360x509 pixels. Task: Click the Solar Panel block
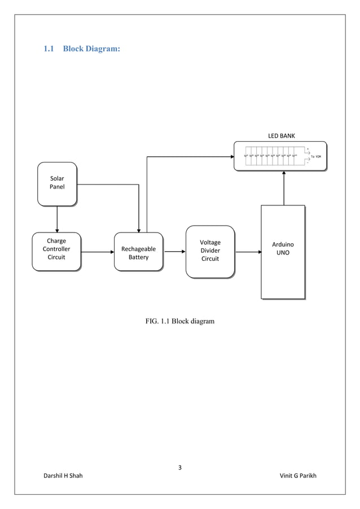click(57, 183)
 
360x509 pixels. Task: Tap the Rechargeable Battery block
click(138, 252)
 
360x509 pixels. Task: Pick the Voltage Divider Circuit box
click(210, 251)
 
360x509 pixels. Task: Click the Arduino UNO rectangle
click(283, 252)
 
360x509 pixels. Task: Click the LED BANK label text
click(281, 136)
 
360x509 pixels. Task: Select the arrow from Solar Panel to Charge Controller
click(57, 219)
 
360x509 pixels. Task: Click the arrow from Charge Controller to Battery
click(97, 252)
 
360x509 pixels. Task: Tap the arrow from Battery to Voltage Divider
click(174, 252)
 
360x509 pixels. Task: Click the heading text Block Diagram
click(91, 49)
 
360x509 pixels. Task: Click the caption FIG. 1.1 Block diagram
click(180, 321)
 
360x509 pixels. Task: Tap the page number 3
click(180, 467)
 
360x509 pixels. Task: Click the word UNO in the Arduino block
click(283, 253)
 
